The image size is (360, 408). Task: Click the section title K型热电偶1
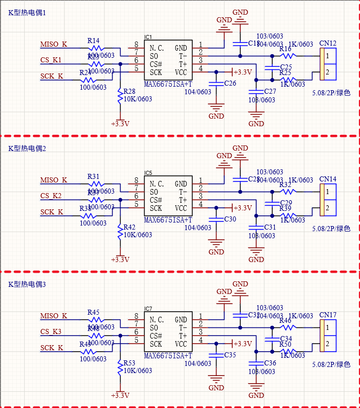27,13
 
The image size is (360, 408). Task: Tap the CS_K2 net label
51,196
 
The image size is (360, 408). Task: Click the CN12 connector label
328,44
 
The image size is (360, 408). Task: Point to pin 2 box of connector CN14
328,208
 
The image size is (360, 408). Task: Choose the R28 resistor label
129,91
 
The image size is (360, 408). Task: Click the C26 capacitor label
230,83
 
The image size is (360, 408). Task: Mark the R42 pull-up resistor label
129,227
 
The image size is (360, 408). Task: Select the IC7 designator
148,309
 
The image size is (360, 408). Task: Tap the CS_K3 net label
51,332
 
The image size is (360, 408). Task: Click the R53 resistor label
129,363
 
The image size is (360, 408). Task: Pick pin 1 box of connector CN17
328,328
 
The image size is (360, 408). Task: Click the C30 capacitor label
230,219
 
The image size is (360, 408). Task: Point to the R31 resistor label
93,176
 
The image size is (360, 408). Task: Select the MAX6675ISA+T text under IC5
168,220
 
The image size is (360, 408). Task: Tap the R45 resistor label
93,312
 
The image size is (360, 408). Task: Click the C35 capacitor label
230,355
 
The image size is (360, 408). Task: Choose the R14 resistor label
93,41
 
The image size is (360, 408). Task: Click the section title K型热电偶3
27,284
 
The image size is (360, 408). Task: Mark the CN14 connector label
328,179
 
